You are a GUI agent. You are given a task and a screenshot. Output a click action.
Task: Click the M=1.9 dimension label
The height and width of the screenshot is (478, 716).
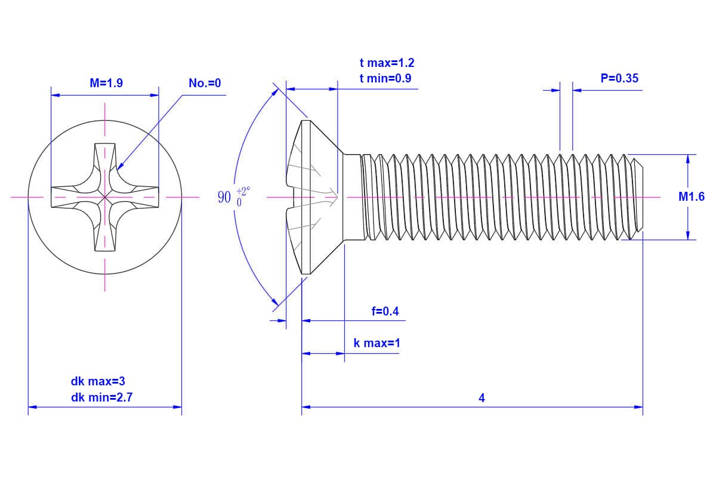click(106, 83)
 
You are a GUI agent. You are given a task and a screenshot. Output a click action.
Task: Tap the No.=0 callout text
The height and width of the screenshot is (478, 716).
click(205, 83)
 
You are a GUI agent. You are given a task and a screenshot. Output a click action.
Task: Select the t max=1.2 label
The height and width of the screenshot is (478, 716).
click(387, 63)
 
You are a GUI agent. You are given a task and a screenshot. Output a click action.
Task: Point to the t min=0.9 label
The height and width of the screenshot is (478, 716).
click(385, 78)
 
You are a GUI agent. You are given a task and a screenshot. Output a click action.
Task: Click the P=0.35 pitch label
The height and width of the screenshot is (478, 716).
click(619, 78)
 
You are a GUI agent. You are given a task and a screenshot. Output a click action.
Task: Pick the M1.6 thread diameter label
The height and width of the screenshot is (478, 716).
click(691, 197)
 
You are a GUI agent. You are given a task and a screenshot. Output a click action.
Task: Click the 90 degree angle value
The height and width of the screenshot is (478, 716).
click(224, 197)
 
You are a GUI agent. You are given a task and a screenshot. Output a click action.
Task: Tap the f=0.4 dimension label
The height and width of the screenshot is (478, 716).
click(385, 311)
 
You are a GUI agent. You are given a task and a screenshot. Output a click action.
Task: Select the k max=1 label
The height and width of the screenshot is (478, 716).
click(376, 343)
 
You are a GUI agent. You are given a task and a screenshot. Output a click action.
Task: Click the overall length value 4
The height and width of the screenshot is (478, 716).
click(482, 398)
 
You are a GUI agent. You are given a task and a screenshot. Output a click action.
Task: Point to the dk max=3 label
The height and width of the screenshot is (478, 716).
click(98, 381)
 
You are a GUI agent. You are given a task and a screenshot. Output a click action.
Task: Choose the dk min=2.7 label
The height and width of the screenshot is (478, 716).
click(98, 396)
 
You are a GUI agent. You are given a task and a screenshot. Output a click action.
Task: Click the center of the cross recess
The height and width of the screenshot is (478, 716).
click(105, 196)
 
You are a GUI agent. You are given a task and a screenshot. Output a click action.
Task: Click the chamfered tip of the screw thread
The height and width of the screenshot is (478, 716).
click(638, 197)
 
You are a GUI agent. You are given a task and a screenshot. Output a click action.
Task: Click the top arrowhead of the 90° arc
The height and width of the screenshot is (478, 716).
click(276, 92)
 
